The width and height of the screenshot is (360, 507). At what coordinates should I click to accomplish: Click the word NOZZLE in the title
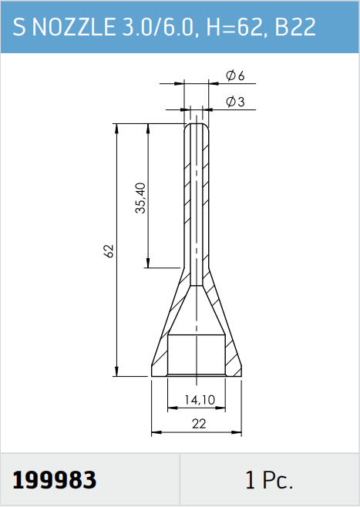tap(73, 26)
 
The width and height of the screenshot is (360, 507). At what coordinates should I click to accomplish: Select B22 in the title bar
tap(295, 26)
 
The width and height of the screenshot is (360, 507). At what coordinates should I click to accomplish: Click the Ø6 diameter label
tap(235, 76)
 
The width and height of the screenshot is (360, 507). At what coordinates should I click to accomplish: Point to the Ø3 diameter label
tap(235, 102)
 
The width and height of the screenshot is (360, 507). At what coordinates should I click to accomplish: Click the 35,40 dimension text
tap(141, 198)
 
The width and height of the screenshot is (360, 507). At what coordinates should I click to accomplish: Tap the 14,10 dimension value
tap(200, 400)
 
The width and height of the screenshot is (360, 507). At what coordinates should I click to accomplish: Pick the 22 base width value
tap(199, 424)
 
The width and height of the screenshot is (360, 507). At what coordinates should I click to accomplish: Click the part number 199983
tap(54, 480)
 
